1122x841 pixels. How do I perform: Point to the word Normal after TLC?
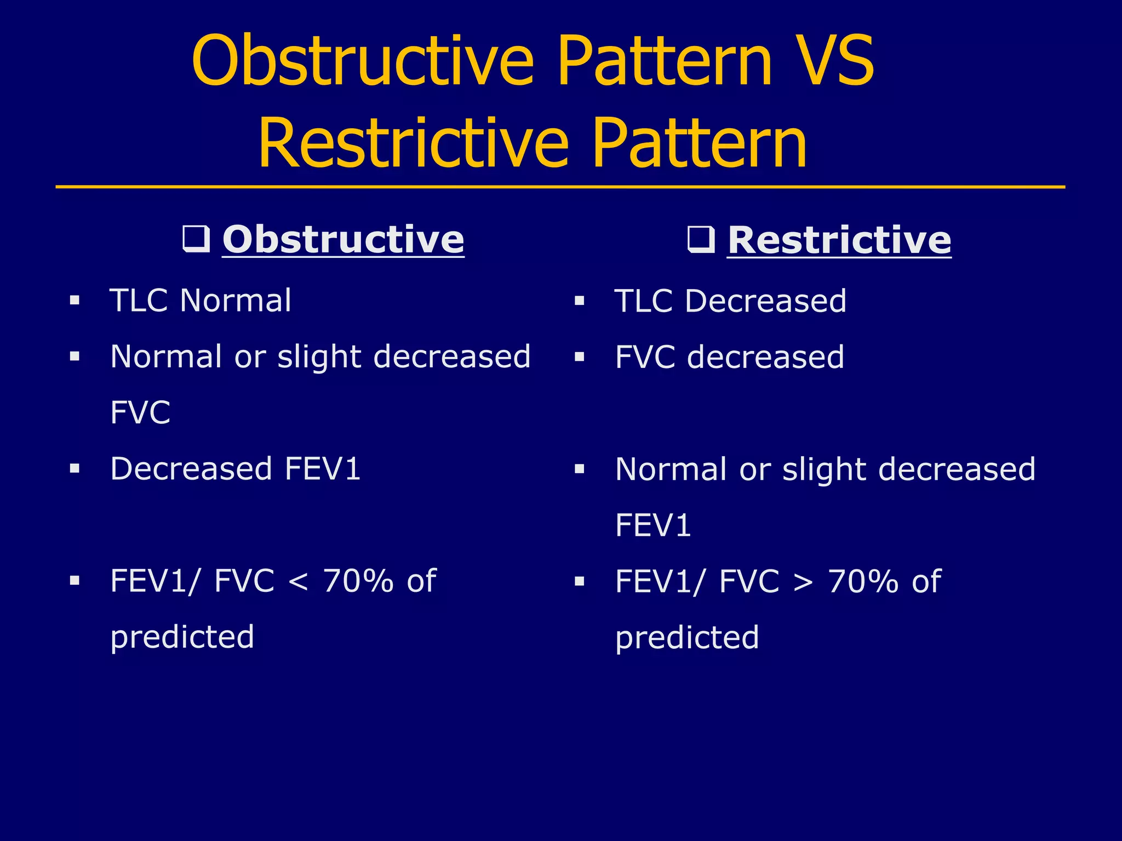pyautogui.click(x=235, y=301)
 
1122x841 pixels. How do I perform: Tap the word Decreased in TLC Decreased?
pyautogui.click(x=765, y=301)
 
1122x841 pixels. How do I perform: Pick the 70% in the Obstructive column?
pyautogui.click(x=358, y=581)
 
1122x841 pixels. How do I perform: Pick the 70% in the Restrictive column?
pyautogui.click(x=863, y=581)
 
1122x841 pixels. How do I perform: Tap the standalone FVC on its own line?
pyautogui.click(x=140, y=413)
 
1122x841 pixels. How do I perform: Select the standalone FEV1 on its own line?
pyautogui.click(x=652, y=525)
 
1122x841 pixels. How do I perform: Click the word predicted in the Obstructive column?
pyautogui.click(x=182, y=637)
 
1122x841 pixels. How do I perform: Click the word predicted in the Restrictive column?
pyautogui.click(x=687, y=637)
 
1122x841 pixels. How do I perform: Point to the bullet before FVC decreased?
pyautogui.click(x=580, y=357)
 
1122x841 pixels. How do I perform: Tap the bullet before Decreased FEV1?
pyautogui.click(x=75, y=469)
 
